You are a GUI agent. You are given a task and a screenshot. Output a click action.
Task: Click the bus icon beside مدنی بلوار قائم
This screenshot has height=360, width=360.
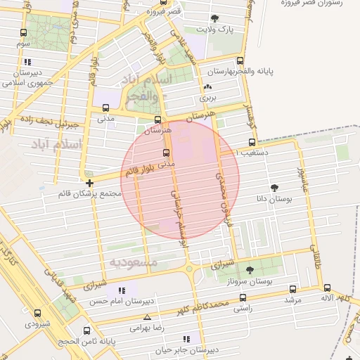coord(167,153)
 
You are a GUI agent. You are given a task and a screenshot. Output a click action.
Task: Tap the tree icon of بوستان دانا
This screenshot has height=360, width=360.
coord(274,188)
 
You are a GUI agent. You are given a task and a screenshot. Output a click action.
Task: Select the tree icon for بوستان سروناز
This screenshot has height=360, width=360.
coord(250,269)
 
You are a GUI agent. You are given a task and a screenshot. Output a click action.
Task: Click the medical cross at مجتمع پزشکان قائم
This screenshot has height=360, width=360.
coord(89,183)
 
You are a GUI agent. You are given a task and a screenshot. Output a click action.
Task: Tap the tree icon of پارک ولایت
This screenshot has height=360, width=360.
coord(214,18)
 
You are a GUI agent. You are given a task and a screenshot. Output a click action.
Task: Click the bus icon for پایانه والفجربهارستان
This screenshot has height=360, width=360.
coord(240,60)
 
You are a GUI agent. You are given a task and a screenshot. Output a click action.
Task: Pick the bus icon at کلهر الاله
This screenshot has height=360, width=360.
coord(327,288)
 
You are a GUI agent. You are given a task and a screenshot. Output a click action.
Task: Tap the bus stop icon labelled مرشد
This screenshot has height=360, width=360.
coord(293,289)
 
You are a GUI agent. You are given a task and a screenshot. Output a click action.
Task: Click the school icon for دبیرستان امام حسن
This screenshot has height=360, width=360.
coord(123,290)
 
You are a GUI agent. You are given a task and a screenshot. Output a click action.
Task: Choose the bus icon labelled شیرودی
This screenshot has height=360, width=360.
coord(37,314)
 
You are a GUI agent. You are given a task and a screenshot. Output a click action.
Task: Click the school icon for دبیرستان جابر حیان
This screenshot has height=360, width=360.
coord(186,338)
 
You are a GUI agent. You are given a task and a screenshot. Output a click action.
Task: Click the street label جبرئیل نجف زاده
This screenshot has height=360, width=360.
coord(56,122)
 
